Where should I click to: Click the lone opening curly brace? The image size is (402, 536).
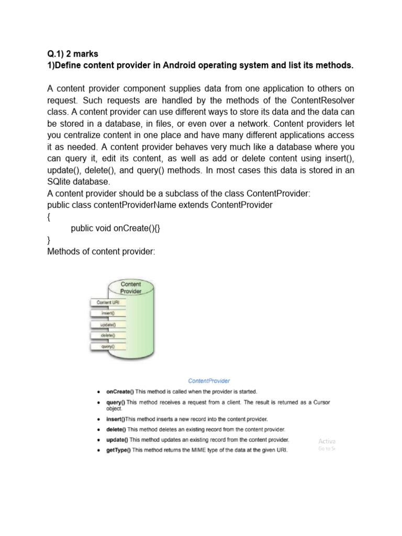[49, 217]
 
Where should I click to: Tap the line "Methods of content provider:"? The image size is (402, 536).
[101, 252]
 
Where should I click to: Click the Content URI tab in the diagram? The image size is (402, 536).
[108, 303]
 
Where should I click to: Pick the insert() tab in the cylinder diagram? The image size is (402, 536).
[108, 314]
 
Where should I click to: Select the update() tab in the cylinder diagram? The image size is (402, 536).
[108, 325]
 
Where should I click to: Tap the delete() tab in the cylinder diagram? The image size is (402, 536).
[108, 336]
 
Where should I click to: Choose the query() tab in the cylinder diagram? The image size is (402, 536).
[108, 347]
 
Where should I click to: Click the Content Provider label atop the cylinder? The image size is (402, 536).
[130, 288]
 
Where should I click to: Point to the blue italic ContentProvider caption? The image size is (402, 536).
[209, 381]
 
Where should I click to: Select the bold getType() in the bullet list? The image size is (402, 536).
[119, 450]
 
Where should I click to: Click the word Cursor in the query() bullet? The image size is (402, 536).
[320, 402]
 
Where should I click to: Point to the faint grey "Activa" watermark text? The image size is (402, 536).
[327, 441]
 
